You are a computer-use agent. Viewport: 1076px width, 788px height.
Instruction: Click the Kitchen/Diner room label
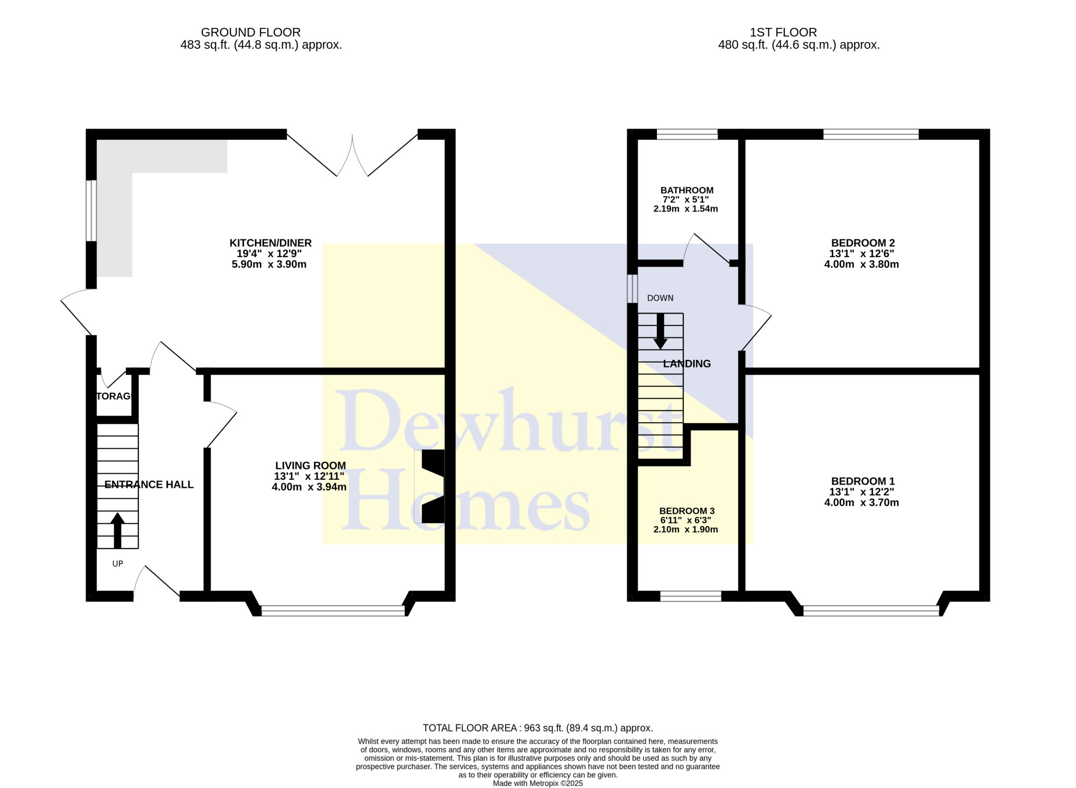(271, 243)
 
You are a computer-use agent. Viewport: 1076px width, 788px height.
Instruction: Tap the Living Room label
(310, 466)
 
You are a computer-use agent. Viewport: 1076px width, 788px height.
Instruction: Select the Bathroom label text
(687, 190)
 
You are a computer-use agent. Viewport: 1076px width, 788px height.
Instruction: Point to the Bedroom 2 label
(862, 243)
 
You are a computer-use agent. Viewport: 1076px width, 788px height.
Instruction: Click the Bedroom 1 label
(862, 481)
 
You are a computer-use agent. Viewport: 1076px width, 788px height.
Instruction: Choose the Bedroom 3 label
(687, 511)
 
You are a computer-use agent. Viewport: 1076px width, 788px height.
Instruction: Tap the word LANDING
(687, 364)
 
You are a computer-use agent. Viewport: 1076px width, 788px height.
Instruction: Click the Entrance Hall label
(149, 485)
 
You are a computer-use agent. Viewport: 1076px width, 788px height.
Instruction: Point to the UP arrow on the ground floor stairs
(117, 530)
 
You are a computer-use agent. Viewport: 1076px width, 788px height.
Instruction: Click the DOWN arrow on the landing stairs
(660, 331)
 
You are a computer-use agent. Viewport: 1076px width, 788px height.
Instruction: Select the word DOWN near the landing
(660, 298)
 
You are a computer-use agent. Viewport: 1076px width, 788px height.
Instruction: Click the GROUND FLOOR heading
(251, 32)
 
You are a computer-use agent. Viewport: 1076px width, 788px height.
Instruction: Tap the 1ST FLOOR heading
(783, 32)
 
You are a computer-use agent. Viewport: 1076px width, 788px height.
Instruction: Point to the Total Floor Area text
(538, 728)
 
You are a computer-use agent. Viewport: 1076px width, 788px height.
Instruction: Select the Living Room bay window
(333, 610)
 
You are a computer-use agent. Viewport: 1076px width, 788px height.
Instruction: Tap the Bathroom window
(687, 134)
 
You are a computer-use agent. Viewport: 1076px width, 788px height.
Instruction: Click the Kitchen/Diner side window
(91, 210)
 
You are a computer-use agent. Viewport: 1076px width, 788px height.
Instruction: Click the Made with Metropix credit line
(538, 783)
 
